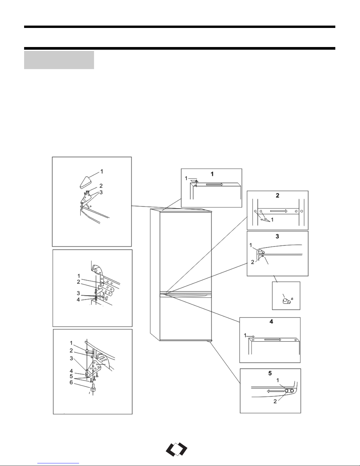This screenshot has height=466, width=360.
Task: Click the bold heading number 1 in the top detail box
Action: (212, 174)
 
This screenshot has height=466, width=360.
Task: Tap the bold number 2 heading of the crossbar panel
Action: (277, 195)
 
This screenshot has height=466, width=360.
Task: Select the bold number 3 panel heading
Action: (277, 236)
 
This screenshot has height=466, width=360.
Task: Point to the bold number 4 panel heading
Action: (271, 321)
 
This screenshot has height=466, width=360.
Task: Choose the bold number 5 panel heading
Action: (270, 373)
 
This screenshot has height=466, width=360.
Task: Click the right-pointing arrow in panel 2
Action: (279, 211)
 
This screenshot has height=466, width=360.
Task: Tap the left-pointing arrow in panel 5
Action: (275, 391)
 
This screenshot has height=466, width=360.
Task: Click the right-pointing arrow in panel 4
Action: (273, 340)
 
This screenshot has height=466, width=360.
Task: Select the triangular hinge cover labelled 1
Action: (86, 183)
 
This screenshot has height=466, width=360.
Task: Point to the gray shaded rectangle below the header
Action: (59, 60)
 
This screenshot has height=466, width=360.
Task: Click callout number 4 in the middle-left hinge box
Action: (78, 300)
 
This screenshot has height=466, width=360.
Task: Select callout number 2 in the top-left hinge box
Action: (101, 186)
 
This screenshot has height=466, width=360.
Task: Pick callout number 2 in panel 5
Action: (275, 401)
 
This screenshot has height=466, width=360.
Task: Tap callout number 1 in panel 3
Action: (251, 245)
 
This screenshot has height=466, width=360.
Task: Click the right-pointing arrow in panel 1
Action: (215, 184)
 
